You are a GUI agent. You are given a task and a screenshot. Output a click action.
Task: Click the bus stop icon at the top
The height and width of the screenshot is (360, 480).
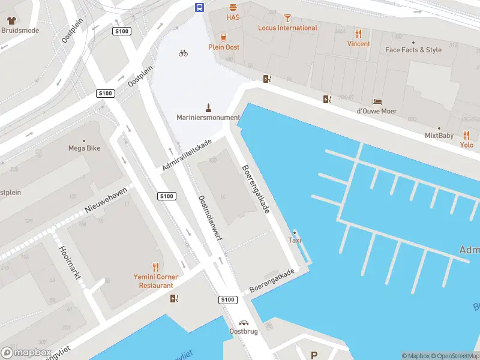click(199, 7)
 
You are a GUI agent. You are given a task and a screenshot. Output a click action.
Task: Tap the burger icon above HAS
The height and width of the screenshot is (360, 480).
click(233, 7)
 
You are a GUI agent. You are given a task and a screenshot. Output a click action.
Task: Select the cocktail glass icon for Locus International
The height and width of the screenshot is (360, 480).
click(287, 18)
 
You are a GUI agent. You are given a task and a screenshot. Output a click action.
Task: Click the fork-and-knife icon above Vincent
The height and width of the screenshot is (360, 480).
click(359, 34)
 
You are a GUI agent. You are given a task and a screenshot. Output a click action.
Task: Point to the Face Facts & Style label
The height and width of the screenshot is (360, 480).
click(413, 50)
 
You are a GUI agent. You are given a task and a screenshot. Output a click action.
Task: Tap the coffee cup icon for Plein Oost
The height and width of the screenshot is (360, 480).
click(224, 37)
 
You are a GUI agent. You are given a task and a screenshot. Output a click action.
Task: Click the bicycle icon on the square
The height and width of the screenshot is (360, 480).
click(183, 53)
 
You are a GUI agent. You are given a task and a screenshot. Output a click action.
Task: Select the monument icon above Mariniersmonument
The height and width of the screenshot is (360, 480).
click(209, 107)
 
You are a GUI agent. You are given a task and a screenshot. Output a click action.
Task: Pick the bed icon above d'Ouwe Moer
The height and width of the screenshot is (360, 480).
click(377, 101)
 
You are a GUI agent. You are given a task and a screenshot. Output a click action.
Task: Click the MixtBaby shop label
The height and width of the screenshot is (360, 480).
click(439, 136)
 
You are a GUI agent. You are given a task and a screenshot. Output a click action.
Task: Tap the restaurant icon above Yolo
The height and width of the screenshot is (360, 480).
click(467, 135)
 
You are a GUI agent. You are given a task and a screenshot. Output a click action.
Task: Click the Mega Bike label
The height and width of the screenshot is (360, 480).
click(84, 148)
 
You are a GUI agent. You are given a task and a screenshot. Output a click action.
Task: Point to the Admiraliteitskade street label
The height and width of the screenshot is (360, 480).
click(187, 155)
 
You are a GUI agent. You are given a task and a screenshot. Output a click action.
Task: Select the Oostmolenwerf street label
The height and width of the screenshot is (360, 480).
click(211, 218)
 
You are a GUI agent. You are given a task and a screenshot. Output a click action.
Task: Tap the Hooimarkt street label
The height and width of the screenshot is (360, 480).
click(71, 266)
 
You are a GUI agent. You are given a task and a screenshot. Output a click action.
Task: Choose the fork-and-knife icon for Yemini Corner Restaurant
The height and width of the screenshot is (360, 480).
click(156, 267)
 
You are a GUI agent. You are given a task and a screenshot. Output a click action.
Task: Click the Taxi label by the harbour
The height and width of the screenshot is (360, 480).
click(294, 240)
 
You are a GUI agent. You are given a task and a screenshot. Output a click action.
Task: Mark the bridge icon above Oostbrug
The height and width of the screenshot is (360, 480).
click(244, 322)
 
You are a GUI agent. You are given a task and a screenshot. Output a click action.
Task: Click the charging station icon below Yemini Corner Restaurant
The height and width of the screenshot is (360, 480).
click(174, 298)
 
